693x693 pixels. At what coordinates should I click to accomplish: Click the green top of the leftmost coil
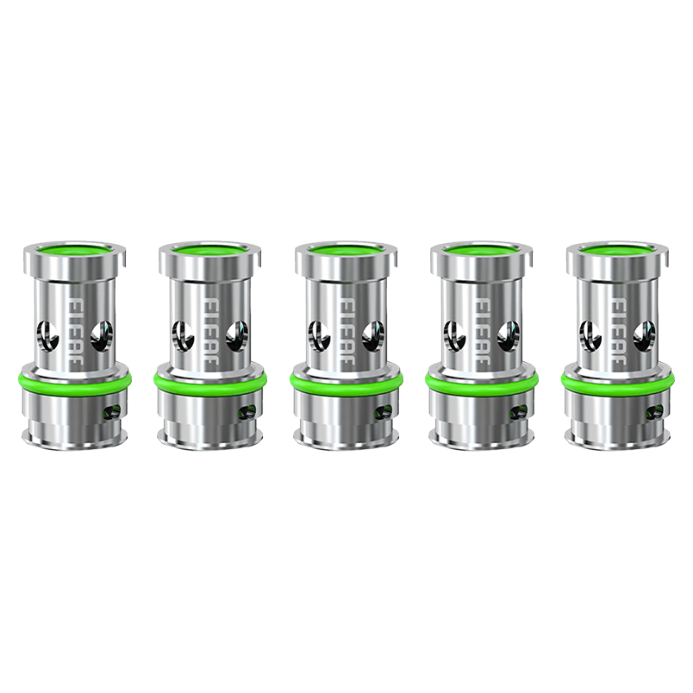tap(74, 251)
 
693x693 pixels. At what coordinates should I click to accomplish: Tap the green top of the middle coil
tap(346, 251)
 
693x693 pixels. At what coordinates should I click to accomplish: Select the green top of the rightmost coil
tap(617, 251)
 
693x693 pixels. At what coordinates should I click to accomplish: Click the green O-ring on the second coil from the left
tap(209, 378)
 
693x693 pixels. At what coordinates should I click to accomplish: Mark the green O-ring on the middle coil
tap(346, 378)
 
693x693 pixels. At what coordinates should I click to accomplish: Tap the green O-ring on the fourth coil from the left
tap(481, 378)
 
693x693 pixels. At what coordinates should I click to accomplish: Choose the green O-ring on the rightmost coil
tap(617, 378)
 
